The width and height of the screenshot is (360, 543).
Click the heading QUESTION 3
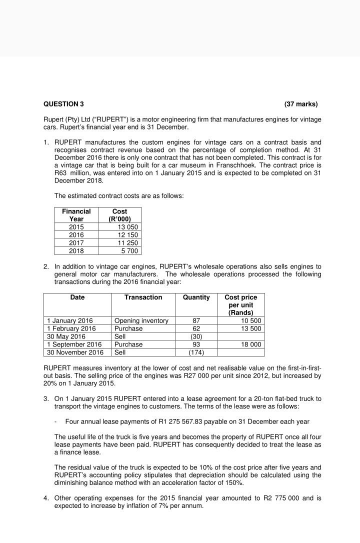[63, 104]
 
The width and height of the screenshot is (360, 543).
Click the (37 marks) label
[300, 104]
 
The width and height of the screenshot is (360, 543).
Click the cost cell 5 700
[129, 251]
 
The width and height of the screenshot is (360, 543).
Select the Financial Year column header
[76, 215]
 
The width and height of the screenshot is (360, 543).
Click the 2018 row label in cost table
[76, 251]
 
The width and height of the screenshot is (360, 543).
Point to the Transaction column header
[143, 297]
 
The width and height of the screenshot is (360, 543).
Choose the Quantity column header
[196, 297]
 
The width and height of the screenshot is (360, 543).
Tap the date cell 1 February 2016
[71, 328]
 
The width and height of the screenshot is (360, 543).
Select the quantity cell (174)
[196, 352]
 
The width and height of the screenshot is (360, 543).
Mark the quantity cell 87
[196, 320]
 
